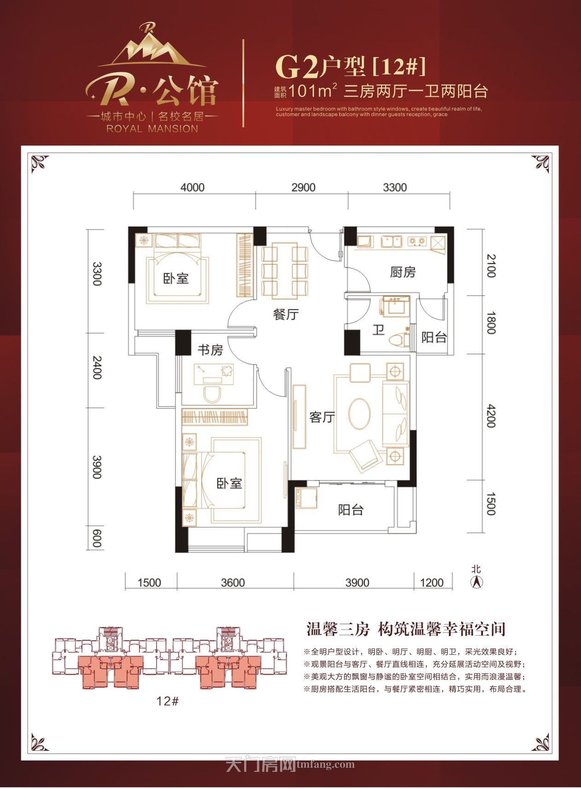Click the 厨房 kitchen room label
(x=402, y=272)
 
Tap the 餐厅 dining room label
(x=285, y=314)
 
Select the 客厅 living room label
(x=322, y=417)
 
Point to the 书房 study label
(x=210, y=350)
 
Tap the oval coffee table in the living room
(x=360, y=414)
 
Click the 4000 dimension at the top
(x=192, y=187)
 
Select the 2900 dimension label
(x=303, y=187)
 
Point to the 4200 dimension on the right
(x=491, y=416)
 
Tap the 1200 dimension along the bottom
(x=432, y=583)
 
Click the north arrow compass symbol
(x=477, y=582)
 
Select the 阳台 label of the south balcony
(x=351, y=510)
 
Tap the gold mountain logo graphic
(x=152, y=47)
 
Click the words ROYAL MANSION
(x=152, y=129)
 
